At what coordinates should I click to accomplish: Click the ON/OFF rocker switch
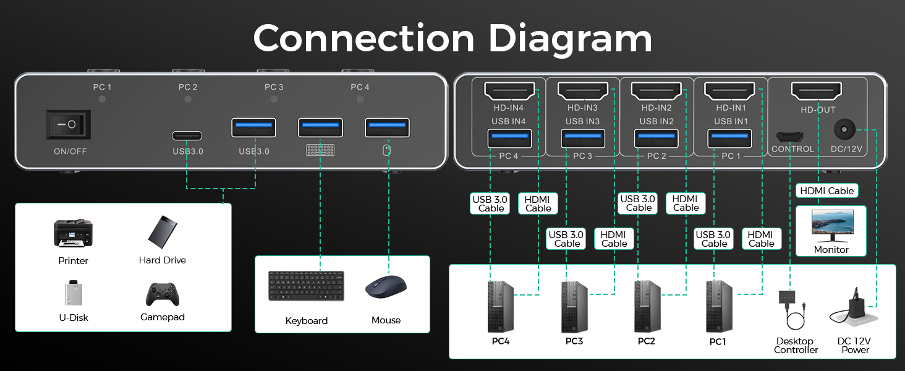[68, 125]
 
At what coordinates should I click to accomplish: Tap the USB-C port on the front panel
[187, 135]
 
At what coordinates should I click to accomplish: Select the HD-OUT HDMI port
[818, 92]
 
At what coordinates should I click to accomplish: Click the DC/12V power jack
[845, 130]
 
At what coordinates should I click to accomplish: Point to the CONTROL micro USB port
[791, 135]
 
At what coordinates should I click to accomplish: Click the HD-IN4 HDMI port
[509, 92]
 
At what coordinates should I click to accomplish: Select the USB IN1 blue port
[730, 138]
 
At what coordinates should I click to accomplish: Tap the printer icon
[73, 234]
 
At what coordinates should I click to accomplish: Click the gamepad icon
[162, 294]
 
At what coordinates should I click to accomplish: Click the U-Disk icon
[73, 294]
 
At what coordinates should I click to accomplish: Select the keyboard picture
[306, 286]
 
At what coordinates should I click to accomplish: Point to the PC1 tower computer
[718, 307]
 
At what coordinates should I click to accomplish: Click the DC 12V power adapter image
[854, 307]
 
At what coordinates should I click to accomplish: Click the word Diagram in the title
[571, 38]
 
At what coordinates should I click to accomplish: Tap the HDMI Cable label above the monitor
[826, 190]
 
